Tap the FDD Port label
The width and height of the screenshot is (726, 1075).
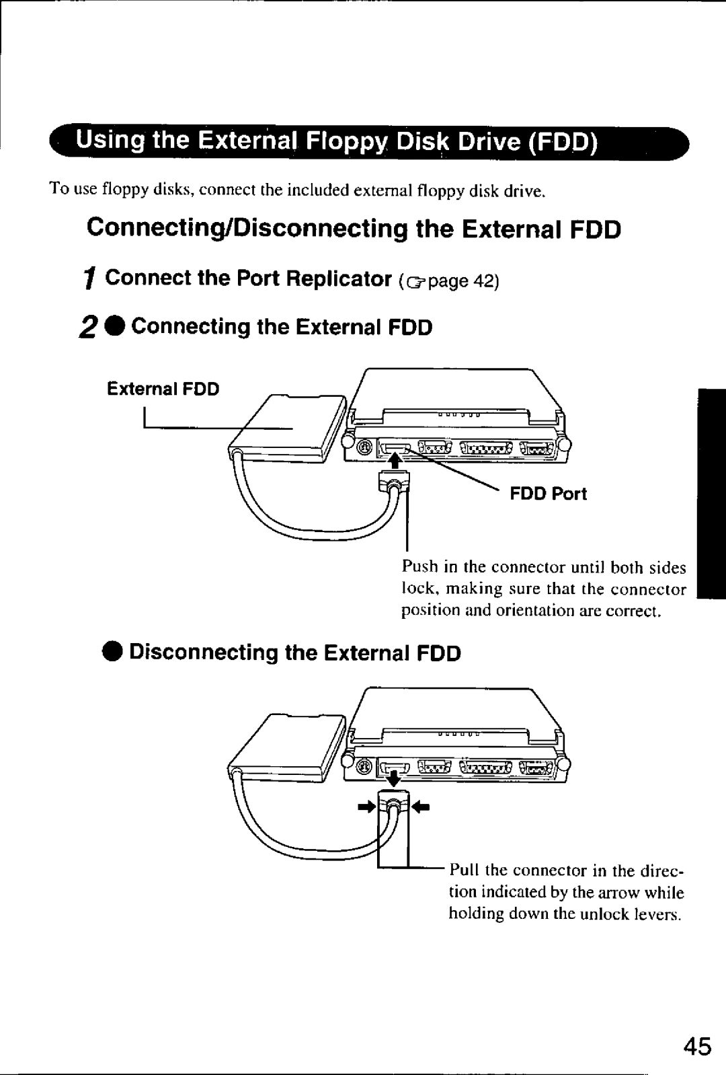click(548, 494)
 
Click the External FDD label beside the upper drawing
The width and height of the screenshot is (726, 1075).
click(163, 390)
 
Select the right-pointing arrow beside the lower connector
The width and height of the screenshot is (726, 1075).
click(367, 805)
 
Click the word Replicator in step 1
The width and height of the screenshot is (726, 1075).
click(339, 279)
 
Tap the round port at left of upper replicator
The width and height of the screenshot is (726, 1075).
click(364, 448)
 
